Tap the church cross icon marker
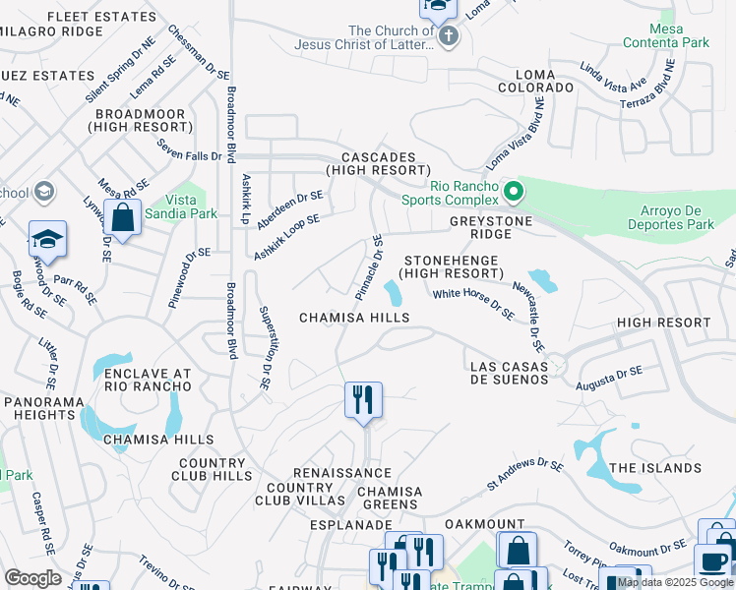(449, 37)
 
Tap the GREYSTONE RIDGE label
(490, 228)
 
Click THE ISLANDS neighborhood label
(654, 468)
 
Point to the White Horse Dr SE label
(473, 302)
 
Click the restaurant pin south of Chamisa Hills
(363, 400)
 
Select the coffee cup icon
(712, 561)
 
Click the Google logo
(33, 577)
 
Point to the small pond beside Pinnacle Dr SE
(393, 292)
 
